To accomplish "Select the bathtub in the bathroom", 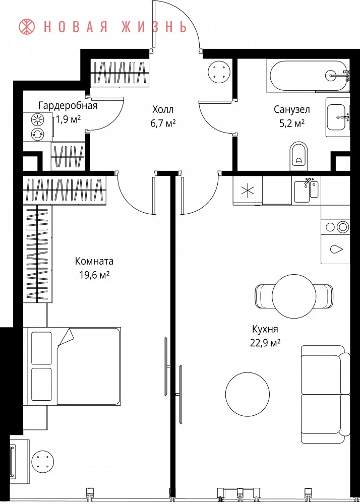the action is click(x=307, y=76).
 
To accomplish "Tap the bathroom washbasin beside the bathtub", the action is click(x=338, y=117).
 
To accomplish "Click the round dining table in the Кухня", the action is click(x=293, y=295).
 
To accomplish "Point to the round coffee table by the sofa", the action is click(x=248, y=394).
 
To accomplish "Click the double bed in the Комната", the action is click(x=74, y=366).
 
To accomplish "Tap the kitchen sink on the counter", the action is click(x=307, y=191).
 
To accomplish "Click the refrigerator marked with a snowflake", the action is click(x=248, y=191).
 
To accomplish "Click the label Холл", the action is click(x=163, y=110).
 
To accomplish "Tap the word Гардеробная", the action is click(x=68, y=106).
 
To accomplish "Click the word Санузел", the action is click(x=292, y=110).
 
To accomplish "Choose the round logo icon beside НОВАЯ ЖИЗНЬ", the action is click(x=28, y=27).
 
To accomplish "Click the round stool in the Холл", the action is click(x=219, y=72).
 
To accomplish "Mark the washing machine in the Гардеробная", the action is click(x=38, y=134).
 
